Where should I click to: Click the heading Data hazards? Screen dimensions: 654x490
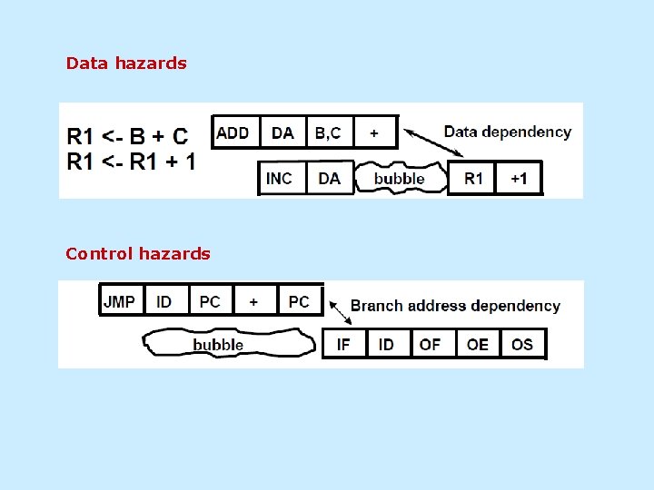click(126, 64)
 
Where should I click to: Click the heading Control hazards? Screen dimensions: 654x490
click(138, 254)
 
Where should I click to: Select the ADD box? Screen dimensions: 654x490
click(235, 132)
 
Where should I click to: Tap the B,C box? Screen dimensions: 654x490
click(328, 132)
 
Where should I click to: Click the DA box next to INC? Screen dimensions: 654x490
click(329, 178)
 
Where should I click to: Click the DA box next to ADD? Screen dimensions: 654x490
click(282, 132)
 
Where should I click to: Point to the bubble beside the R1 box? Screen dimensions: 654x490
click(400, 178)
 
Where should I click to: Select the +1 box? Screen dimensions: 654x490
click(518, 178)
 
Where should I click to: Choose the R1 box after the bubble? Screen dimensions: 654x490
click(473, 178)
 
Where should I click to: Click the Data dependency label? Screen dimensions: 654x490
click(507, 132)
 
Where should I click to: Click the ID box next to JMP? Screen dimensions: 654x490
click(164, 301)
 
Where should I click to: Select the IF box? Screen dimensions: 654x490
click(344, 344)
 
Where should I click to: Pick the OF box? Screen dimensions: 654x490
click(431, 344)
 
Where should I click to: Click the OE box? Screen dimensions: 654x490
click(478, 344)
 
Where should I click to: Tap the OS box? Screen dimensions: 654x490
click(522, 344)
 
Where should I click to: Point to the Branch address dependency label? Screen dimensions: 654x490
click(455, 306)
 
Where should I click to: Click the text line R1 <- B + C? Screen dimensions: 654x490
click(128, 137)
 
